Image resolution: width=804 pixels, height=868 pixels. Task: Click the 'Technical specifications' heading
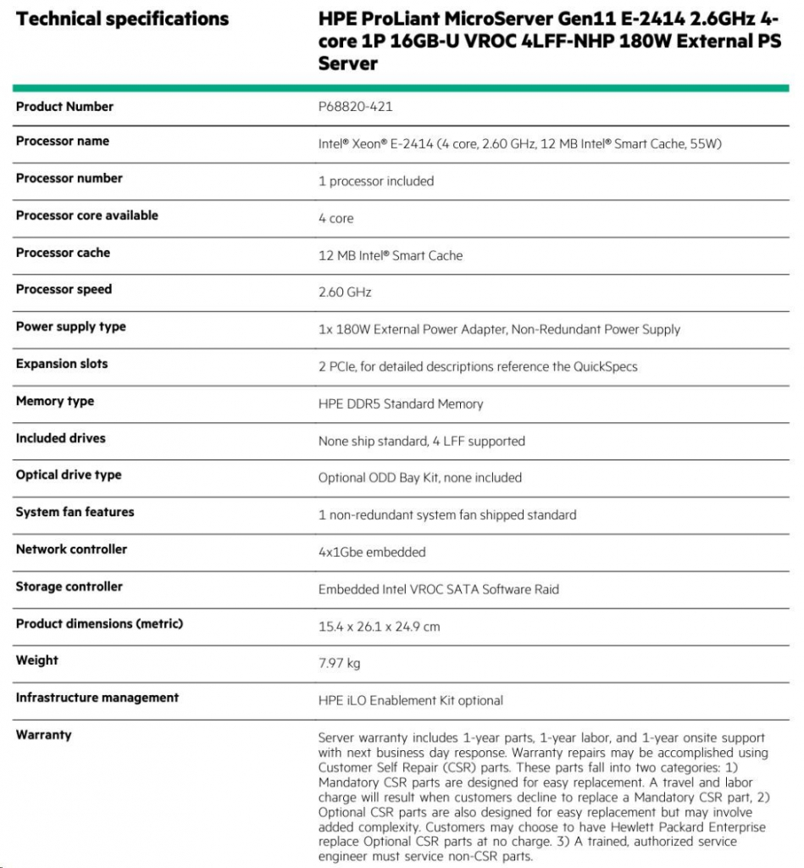(122, 19)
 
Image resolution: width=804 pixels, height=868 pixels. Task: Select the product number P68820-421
(355, 107)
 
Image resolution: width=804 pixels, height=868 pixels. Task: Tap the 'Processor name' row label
(63, 141)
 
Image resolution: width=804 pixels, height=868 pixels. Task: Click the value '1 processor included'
(376, 181)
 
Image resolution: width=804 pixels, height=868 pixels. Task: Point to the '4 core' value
(336, 219)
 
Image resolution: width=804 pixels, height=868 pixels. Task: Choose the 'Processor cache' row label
(63, 253)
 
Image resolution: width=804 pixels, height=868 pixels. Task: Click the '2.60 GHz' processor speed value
(345, 292)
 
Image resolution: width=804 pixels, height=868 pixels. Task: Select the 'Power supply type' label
(71, 326)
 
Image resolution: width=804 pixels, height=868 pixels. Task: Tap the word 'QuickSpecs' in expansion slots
(605, 366)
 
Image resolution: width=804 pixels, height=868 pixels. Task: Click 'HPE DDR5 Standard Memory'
(401, 403)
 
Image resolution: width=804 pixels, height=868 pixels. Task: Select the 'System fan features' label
(75, 512)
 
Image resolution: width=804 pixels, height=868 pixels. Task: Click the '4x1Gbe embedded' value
(372, 553)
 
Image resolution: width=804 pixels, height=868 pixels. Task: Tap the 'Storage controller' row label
(69, 587)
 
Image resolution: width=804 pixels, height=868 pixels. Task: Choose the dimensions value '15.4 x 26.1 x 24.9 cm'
(379, 627)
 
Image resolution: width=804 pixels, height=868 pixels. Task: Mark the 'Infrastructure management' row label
(97, 698)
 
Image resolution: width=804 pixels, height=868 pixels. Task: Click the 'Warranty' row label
(44, 735)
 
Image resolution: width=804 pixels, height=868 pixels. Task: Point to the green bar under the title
(402, 87)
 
